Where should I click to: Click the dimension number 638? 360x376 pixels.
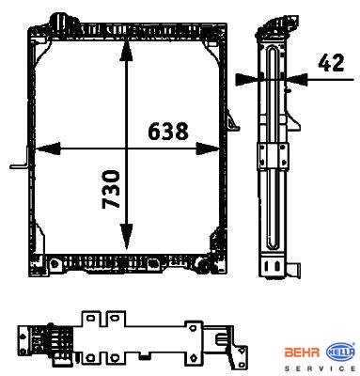click(168, 132)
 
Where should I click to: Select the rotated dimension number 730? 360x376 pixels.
click(111, 189)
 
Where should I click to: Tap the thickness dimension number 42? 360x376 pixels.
click(331, 63)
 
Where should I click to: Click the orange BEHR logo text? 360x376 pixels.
click(302, 352)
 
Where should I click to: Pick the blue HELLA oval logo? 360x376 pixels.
click(340, 352)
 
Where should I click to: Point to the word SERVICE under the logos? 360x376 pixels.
click(320, 368)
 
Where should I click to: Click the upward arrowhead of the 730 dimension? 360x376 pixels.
click(126, 50)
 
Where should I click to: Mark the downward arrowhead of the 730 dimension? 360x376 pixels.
click(126, 236)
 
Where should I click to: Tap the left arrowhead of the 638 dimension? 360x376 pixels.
click(48, 149)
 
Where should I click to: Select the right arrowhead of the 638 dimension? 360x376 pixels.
click(208, 149)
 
